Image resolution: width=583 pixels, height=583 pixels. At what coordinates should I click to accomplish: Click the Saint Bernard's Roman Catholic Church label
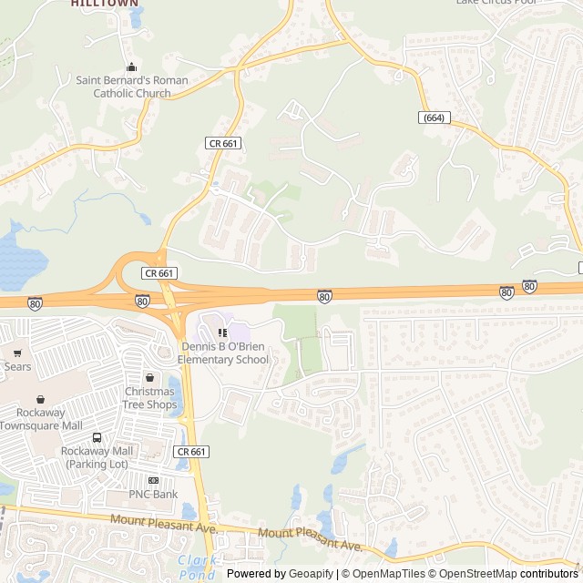[132, 87]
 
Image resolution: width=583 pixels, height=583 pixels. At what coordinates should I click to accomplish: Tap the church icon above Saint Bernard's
[132, 66]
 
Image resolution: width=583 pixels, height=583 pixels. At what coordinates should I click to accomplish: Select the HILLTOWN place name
[105, 4]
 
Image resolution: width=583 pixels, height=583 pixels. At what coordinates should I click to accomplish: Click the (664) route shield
[435, 118]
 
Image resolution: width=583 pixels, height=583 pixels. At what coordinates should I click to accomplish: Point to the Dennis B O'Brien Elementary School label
[224, 353]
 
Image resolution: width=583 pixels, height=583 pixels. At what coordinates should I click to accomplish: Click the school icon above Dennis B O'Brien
[222, 332]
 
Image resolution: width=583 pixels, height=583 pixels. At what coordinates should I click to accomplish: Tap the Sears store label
[17, 367]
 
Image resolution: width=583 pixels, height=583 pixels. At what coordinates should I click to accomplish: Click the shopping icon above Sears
[17, 353]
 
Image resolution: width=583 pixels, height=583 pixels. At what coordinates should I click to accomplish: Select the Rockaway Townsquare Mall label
[41, 420]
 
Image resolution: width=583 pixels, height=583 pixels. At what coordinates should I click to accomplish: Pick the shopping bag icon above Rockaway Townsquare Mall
[40, 399]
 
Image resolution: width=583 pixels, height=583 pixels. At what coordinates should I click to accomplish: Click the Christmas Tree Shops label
[149, 398]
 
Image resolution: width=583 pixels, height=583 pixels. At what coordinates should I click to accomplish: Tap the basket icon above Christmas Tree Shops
[149, 377]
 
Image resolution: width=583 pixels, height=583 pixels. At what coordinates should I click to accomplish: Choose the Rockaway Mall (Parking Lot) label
[97, 457]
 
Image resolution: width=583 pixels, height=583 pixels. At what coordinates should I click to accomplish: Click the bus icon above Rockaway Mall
[97, 437]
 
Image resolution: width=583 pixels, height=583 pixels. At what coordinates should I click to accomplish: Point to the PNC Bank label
[153, 495]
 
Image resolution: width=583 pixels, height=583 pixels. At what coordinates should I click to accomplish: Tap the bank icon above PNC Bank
[153, 480]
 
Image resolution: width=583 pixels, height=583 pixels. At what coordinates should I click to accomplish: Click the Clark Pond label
[198, 567]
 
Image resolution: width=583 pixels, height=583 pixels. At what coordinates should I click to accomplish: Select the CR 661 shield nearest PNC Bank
[192, 452]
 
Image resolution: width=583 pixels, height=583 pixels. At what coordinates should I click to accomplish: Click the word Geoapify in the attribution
[311, 574]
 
